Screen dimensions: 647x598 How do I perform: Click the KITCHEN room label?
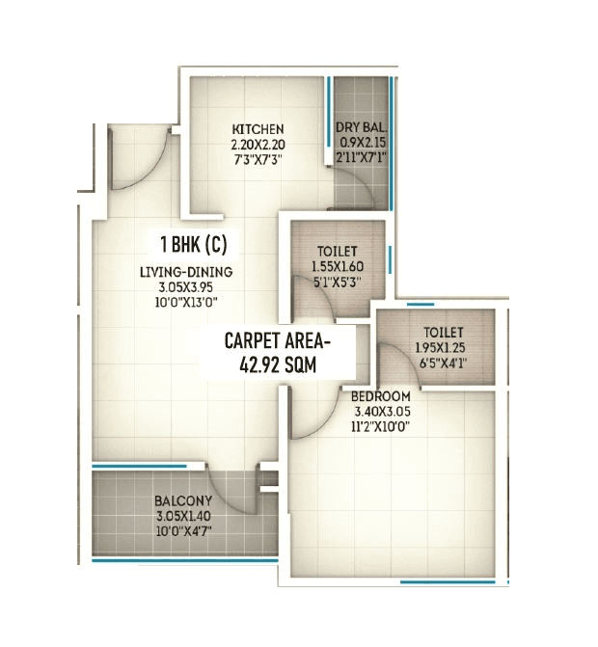(x=258, y=129)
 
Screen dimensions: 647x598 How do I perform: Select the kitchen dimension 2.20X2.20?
(x=258, y=144)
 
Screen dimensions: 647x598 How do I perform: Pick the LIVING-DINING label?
(x=186, y=272)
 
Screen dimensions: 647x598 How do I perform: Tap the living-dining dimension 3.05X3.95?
(x=186, y=287)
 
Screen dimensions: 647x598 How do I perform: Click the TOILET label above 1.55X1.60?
(x=336, y=251)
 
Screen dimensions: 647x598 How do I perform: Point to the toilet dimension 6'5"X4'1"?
(x=443, y=364)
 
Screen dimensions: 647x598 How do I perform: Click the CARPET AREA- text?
(x=277, y=340)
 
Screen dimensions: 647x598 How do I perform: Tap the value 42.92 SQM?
(x=277, y=364)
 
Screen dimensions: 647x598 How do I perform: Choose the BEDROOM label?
(x=382, y=396)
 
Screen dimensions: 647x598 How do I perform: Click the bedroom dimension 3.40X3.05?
(x=382, y=412)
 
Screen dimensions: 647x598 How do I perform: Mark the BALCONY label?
(x=182, y=501)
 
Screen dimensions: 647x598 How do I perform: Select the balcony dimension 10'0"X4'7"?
(x=182, y=531)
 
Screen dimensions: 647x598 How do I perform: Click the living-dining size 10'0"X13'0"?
(x=186, y=303)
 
